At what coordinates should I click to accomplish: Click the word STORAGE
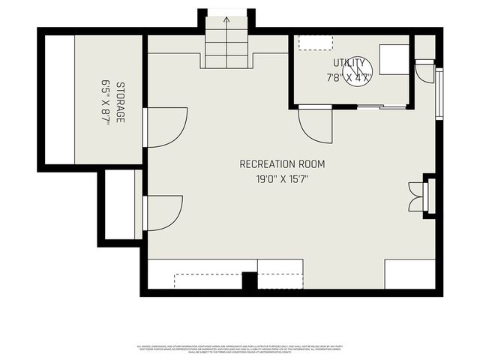tap(120, 102)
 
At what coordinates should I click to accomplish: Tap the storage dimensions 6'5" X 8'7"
tap(106, 102)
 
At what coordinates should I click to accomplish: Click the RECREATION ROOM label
tap(283, 163)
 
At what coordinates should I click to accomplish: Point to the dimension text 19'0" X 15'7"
tap(283, 179)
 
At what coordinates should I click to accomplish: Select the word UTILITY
tap(349, 63)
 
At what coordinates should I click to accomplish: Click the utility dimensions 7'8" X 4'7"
tap(349, 77)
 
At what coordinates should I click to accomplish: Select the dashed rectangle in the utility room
tap(310, 42)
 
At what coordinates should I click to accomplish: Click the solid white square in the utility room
tap(393, 59)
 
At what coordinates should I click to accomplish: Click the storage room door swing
tap(165, 127)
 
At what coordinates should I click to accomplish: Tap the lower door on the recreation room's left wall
tap(163, 212)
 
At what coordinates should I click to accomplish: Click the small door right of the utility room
tap(424, 72)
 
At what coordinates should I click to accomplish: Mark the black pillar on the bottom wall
tap(250, 281)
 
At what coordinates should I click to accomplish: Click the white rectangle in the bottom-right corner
tap(409, 274)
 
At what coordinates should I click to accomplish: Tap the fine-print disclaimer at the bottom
tap(239, 349)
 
